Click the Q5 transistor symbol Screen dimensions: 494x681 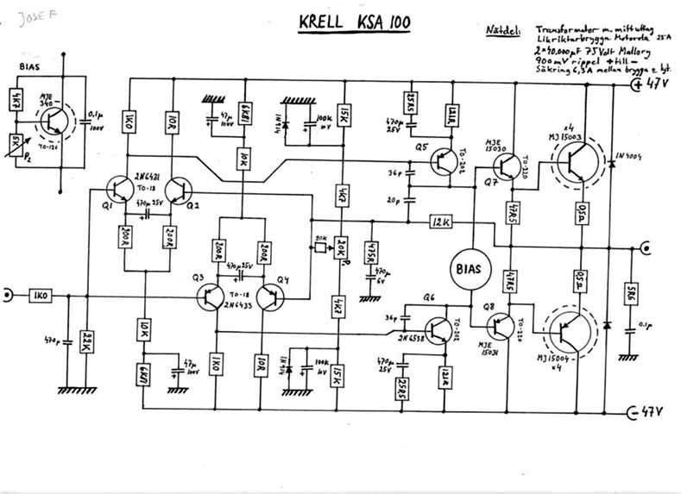coord(445,161)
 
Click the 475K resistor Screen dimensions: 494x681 coord(372,254)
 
